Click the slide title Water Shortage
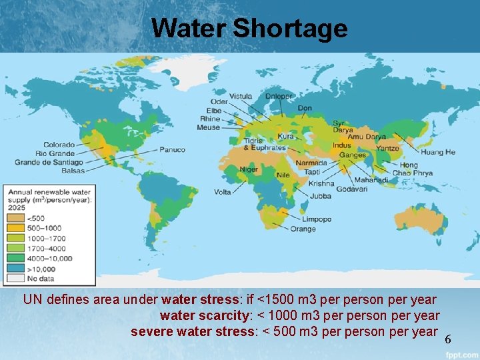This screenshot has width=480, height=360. pos(249,28)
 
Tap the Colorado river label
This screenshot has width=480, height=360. pos(59,145)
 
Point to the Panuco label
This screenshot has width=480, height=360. pos(172,150)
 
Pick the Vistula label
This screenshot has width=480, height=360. pos(241,97)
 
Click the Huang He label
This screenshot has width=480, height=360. pos(437,152)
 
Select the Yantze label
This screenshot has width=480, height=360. pos(387,148)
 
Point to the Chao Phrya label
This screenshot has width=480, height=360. pos(412,173)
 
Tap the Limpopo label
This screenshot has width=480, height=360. pos(317,219)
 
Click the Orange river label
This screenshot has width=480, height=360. pos(303,229)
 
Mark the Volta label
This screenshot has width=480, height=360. pos(222,192)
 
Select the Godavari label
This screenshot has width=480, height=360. pos(351,189)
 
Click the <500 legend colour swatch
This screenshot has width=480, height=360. pos(15,218)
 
